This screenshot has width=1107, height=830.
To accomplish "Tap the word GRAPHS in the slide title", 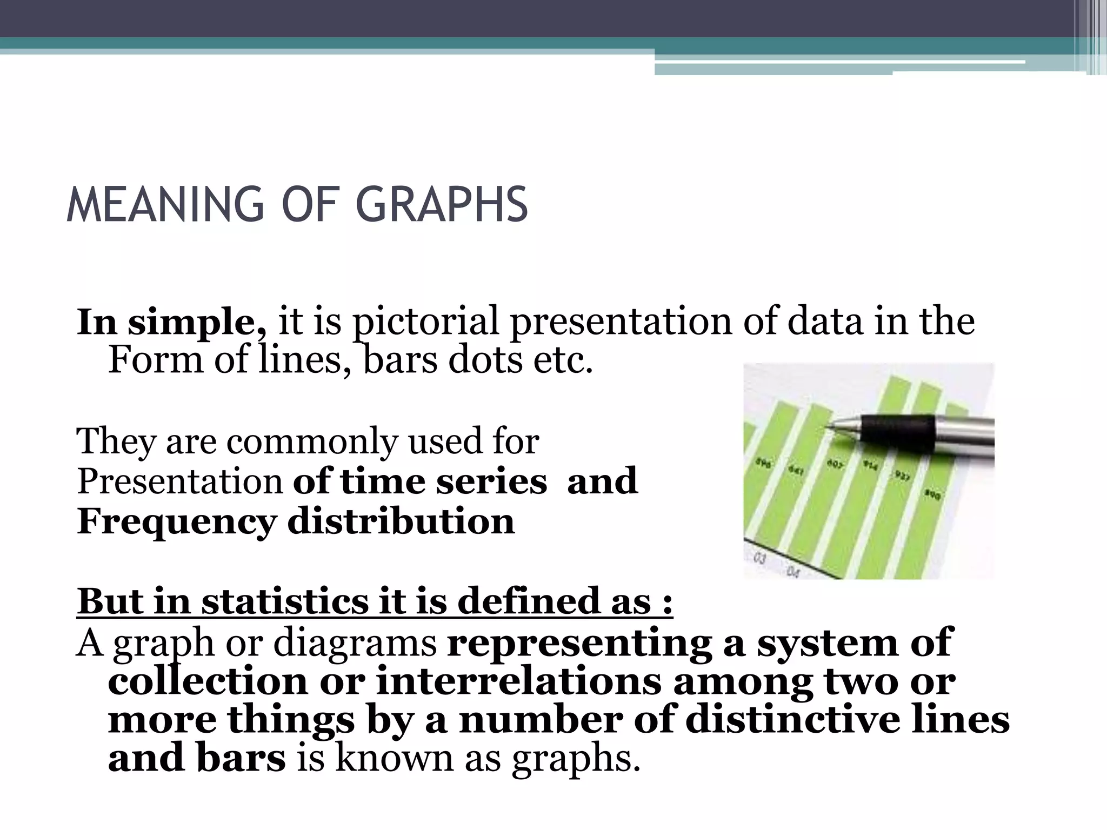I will point(441,205).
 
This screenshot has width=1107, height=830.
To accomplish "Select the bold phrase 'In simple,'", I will point(172,322).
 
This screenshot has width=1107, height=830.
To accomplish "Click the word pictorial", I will point(425,322).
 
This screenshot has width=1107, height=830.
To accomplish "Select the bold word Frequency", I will point(176,522).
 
